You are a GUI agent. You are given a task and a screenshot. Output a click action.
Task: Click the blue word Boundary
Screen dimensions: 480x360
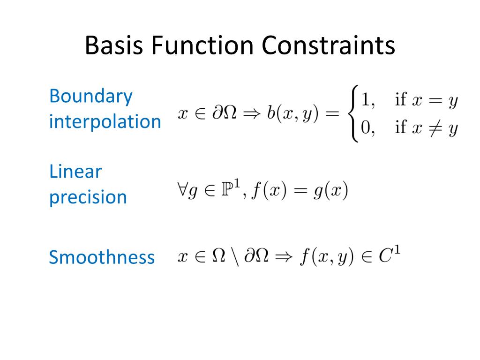[91, 97]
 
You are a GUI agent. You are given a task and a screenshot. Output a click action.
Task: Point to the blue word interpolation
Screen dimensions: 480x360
[105, 122]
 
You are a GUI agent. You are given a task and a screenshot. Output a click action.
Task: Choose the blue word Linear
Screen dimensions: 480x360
[75, 172]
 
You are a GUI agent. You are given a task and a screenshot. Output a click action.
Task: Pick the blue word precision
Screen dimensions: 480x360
[88, 197]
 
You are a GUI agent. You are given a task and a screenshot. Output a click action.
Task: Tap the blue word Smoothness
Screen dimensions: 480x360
[102, 257]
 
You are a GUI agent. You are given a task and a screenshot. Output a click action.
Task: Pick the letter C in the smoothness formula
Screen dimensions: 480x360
[385, 257]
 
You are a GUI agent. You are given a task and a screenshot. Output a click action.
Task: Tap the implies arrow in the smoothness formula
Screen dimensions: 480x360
[284, 257]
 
